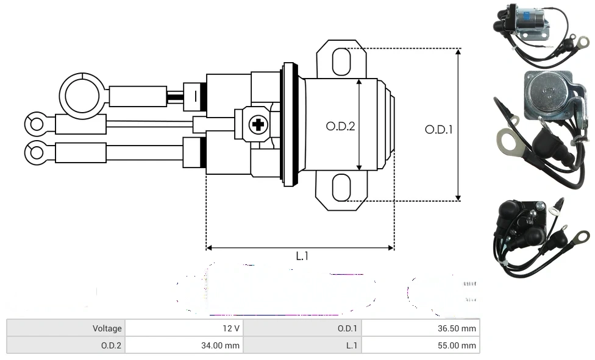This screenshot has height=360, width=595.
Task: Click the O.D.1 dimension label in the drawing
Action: point(438,129)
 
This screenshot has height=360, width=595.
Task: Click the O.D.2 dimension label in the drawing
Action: point(340,126)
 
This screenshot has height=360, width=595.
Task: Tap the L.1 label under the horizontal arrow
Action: point(302,256)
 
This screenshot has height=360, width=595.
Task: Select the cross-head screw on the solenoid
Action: point(258,125)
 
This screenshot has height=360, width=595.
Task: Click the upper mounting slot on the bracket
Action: point(341,62)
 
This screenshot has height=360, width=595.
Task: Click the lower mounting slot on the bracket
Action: point(341,188)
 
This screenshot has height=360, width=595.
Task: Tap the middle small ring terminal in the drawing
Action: point(35,124)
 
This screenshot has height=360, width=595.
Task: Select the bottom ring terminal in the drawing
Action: point(35,150)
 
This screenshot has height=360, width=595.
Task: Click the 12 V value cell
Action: point(183,328)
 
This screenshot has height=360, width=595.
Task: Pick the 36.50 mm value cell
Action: point(421,328)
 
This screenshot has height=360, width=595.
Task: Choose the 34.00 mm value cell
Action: point(183,345)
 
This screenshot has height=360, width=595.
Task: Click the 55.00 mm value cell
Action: point(421,345)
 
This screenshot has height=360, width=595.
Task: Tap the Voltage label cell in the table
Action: point(66,328)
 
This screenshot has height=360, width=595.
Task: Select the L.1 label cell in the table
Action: point(302,345)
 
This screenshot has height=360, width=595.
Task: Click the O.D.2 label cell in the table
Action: point(66,345)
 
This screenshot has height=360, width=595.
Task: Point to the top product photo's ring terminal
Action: point(583,42)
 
